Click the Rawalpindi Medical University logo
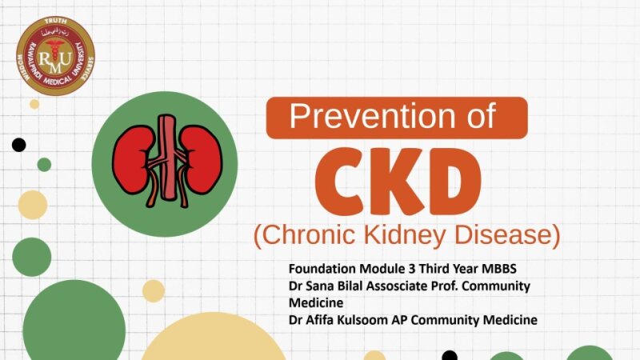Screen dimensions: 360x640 click(x=56, y=56)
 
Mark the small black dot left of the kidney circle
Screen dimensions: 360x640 click(x=18, y=145)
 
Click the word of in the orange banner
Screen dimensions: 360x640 click(x=482, y=118)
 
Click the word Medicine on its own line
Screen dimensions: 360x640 click(x=316, y=303)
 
